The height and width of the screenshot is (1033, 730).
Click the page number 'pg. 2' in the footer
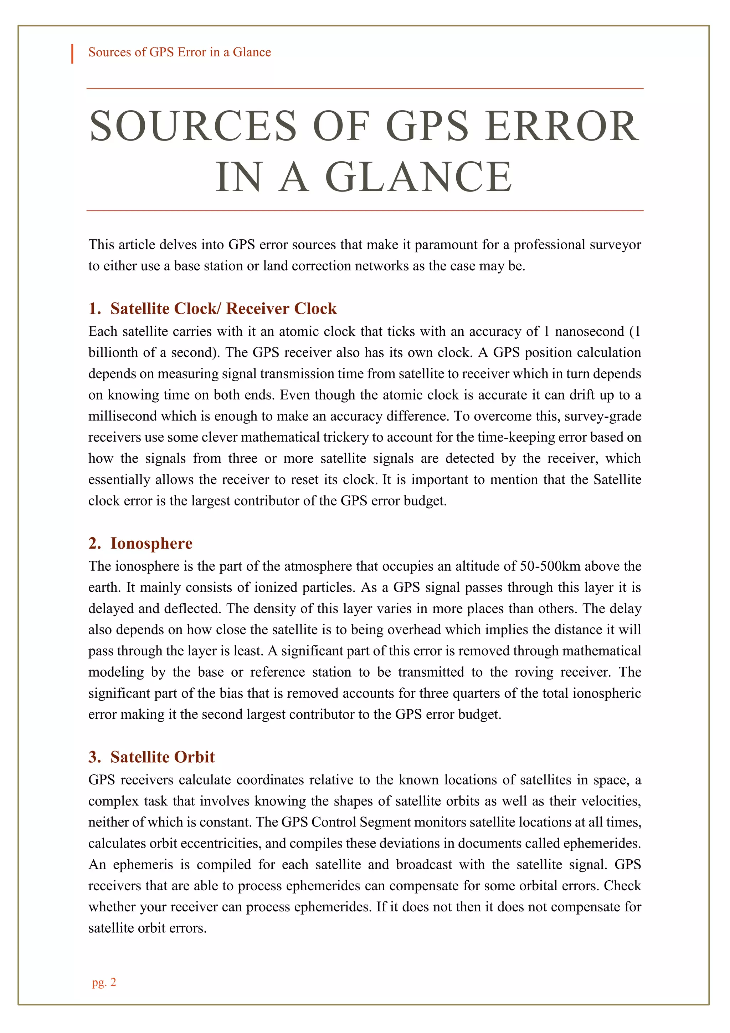pos(104,982)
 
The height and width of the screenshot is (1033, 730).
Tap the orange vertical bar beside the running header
pos(72,54)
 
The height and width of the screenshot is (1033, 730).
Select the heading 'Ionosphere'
pos(151,544)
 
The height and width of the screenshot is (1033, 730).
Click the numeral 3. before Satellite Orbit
pos(94,757)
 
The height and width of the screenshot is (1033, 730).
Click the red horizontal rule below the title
pos(365,210)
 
